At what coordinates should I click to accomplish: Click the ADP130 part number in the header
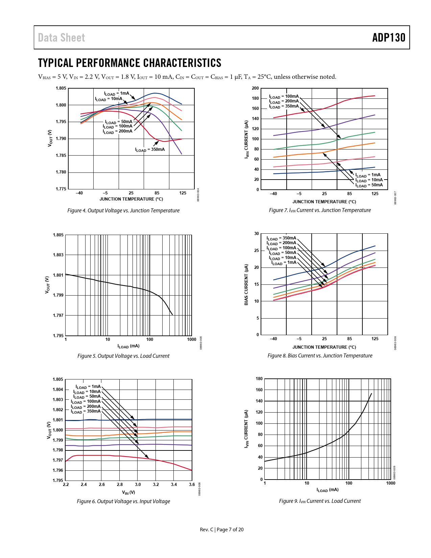click(x=388, y=38)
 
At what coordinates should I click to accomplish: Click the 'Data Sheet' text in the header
click(x=62, y=38)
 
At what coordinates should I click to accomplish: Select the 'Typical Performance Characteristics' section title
click(x=129, y=63)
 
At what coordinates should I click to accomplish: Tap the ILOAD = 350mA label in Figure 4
click(x=150, y=149)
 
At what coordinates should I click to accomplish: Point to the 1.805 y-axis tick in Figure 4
click(x=61, y=88)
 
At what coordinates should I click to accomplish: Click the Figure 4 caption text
click(x=123, y=210)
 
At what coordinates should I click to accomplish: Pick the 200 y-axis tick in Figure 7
click(x=255, y=88)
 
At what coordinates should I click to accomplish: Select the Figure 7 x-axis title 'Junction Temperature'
click(x=324, y=202)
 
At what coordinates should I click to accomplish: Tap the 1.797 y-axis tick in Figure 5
click(x=58, y=316)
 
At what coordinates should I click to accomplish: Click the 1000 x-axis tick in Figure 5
click(x=192, y=340)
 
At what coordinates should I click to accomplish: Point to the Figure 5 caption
click(x=123, y=356)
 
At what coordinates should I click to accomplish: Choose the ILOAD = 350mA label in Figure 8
click(x=281, y=238)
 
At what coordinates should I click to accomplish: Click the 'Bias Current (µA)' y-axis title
click(x=246, y=284)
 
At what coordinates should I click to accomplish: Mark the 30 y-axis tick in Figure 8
click(x=257, y=234)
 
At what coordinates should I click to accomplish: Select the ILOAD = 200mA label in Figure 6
click(x=86, y=406)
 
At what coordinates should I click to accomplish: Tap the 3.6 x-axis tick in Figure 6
click(x=192, y=485)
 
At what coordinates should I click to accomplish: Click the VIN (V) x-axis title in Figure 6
click(x=128, y=493)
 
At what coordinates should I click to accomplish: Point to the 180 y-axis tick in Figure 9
click(x=259, y=379)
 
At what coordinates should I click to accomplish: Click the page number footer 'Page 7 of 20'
click(x=230, y=530)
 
